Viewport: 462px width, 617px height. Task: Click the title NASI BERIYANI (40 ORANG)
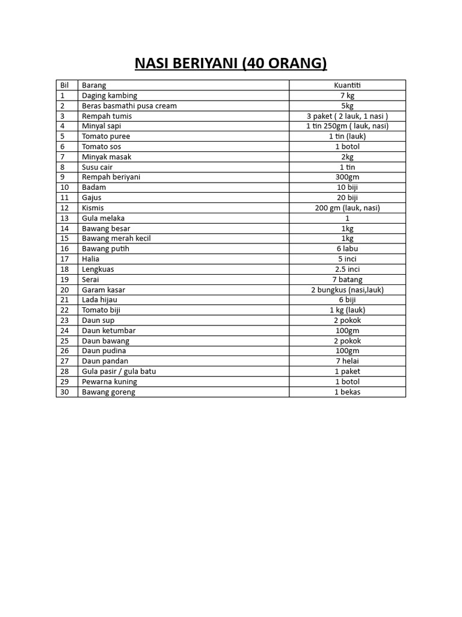[x=230, y=63]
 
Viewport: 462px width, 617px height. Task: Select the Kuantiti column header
[x=347, y=86]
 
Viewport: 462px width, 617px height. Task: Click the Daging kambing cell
[x=109, y=96]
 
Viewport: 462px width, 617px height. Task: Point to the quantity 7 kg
[x=347, y=96]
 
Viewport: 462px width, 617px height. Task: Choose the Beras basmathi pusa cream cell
[x=129, y=106]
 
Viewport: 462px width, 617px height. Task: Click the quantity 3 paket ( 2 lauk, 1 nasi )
[x=347, y=116]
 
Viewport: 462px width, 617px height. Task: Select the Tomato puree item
[x=106, y=136]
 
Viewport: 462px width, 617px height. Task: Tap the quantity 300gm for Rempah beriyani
[x=347, y=177]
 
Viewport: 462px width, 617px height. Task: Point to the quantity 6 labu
[x=347, y=249]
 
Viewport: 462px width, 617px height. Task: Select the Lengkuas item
[x=98, y=269]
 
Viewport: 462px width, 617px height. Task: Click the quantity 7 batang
[x=347, y=280]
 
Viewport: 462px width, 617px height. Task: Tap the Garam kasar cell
[x=103, y=290]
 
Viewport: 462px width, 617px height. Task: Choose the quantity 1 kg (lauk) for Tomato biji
[x=347, y=310]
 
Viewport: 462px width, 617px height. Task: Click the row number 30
[x=65, y=392]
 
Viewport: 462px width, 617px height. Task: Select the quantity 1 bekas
[x=347, y=392]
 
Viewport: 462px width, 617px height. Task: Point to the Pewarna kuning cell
[x=109, y=381]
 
